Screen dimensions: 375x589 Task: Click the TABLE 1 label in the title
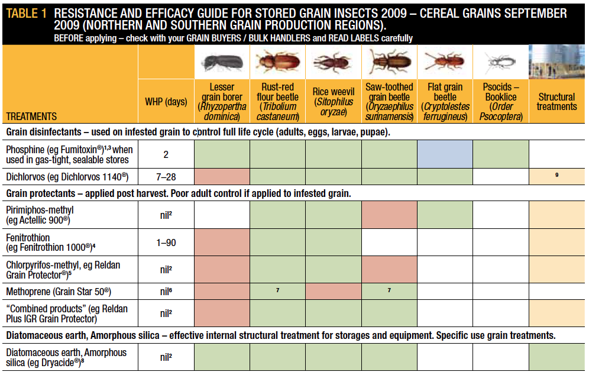[27, 13]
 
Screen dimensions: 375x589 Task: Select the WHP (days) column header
[166, 102]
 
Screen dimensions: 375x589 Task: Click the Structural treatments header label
[556, 102]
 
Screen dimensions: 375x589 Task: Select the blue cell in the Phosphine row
[445, 155]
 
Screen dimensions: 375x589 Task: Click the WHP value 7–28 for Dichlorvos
[166, 176]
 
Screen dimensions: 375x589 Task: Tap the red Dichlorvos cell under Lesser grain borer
[222, 176]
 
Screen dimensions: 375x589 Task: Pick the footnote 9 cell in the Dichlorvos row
[556, 176]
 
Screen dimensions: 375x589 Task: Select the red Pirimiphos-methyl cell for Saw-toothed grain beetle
[389, 215]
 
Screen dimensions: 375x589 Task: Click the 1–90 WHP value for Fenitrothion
[166, 243]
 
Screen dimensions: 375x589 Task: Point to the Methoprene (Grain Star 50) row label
[59, 292]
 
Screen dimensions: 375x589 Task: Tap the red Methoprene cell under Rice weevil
[334, 292]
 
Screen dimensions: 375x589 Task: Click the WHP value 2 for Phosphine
[166, 155]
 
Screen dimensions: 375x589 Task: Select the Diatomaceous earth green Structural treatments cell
[556, 357]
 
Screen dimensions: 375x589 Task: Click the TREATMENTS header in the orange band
[32, 117]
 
